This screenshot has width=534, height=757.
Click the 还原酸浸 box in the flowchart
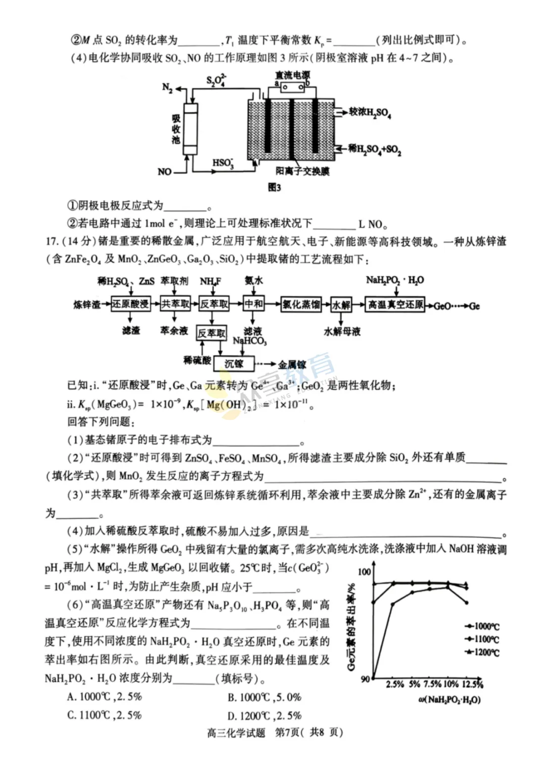point(131,304)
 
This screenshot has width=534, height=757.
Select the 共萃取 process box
point(176,304)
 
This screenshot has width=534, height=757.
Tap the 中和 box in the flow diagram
point(254,304)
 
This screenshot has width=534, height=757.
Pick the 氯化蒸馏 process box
point(301,304)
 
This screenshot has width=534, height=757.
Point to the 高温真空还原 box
point(396,304)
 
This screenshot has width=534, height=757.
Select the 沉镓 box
point(233,364)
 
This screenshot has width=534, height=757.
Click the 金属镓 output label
point(292,365)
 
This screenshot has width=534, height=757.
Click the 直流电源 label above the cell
point(293,75)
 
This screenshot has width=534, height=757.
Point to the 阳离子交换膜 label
point(303,171)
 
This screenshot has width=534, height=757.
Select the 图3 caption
point(274,187)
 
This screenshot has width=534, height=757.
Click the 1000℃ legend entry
point(482,626)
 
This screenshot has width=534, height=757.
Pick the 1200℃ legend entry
point(482,652)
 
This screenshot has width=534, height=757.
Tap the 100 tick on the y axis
point(364,572)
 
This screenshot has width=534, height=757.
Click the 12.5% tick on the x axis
point(473,684)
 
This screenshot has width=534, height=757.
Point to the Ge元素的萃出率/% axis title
point(352,627)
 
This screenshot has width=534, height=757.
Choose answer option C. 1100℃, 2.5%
point(104,715)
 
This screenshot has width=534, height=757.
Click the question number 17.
point(52,241)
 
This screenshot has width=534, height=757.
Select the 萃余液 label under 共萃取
point(174,330)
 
